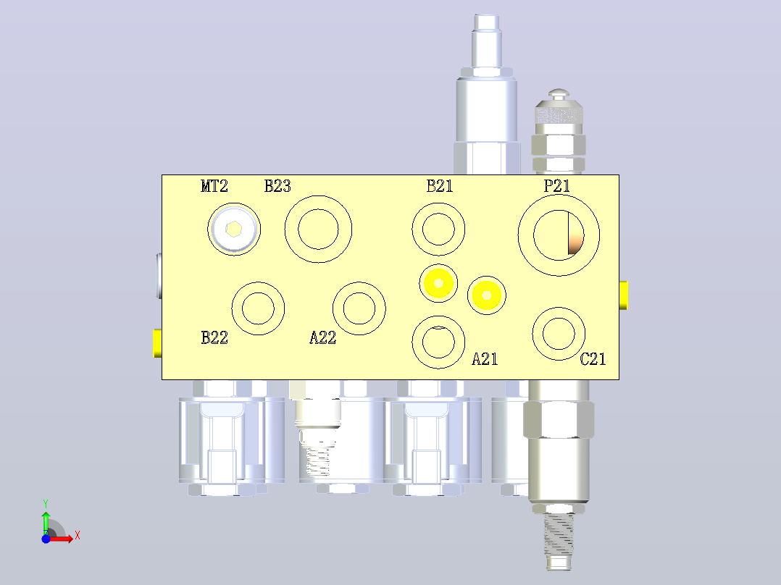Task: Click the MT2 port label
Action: (214, 186)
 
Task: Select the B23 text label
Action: (277, 186)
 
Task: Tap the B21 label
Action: (440, 186)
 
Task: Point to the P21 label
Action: (557, 186)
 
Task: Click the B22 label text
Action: (214, 337)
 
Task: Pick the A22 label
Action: (323, 337)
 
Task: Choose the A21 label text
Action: (485, 359)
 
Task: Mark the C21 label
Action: (593, 359)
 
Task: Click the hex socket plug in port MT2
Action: (233, 229)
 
